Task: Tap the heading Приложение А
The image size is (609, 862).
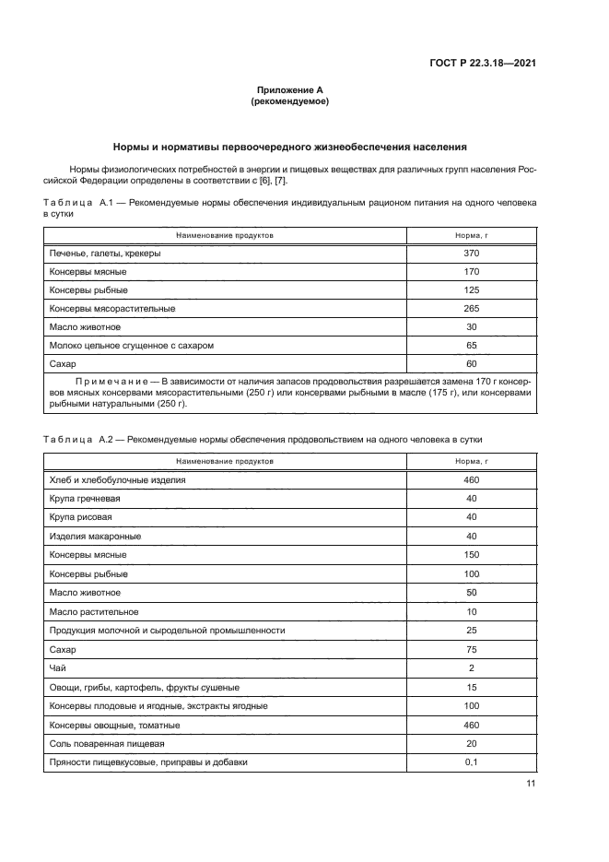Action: [290, 90]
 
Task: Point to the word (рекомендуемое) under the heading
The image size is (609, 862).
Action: [290, 101]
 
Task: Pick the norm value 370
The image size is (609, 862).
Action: [473, 253]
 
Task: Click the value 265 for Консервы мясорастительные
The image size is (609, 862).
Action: [473, 308]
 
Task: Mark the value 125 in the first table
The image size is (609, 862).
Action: [473, 289]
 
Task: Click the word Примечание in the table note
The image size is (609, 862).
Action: [115, 380]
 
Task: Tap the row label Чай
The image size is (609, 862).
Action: [56, 667]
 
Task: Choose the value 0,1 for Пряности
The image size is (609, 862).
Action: [473, 762]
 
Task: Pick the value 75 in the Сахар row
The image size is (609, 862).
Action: [473, 649]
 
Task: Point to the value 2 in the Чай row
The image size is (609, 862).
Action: [473, 667]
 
